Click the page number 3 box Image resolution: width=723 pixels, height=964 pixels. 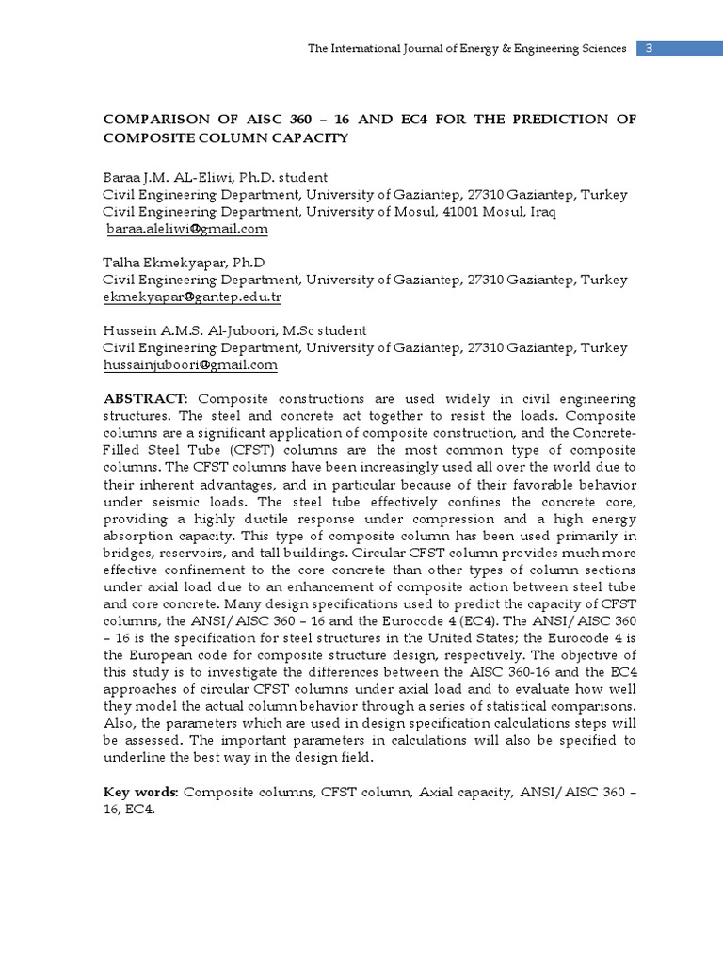[650, 49]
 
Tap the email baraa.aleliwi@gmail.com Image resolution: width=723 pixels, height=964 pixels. [187, 229]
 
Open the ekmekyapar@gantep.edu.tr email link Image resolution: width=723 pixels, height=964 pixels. [193, 297]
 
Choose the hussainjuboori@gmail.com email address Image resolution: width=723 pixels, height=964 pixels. [191, 364]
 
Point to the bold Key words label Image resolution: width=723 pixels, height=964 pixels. [141, 793]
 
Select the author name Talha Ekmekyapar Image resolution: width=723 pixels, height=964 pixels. [158, 263]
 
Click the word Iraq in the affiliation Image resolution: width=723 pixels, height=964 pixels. [541, 212]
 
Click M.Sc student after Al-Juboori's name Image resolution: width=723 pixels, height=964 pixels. [323, 330]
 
